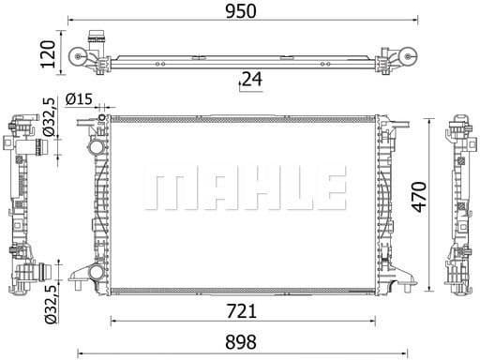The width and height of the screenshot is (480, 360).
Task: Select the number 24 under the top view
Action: pos(250,80)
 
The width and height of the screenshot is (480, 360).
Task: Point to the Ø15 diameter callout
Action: pos(80,100)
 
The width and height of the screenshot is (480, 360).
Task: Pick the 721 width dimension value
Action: pos(247,308)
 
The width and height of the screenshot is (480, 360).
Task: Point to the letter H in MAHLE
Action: pos(246,190)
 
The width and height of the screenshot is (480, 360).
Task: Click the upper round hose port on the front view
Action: pos(94,149)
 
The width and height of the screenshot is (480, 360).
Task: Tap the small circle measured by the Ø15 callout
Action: pos(103,122)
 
